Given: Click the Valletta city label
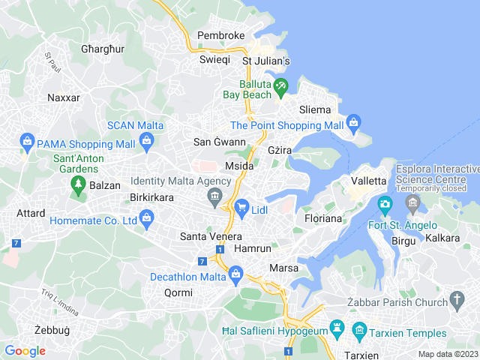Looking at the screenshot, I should tap(369, 181).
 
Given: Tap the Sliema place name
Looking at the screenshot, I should tap(315, 109).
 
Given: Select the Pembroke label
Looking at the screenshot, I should tap(220, 35).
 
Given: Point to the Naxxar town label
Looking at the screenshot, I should tap(63, 97).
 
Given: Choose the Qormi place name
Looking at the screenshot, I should tap(178, 292).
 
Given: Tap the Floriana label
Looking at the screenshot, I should tap(323, 218).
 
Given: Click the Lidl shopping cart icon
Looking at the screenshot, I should tap(241, 208).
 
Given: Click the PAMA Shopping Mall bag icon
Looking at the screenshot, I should tap(28, 141).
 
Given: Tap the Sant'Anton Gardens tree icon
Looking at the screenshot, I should tap(76, 184).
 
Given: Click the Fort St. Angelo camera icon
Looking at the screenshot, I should tap(385, 204).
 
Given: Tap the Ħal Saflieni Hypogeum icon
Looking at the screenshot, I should tap(337, 328).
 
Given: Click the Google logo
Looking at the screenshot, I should tap(25, 350).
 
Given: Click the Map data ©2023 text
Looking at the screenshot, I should tap(447, 354).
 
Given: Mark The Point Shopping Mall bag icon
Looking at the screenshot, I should tap(354, 123).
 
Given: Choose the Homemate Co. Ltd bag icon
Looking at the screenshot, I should tap(146, 219).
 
